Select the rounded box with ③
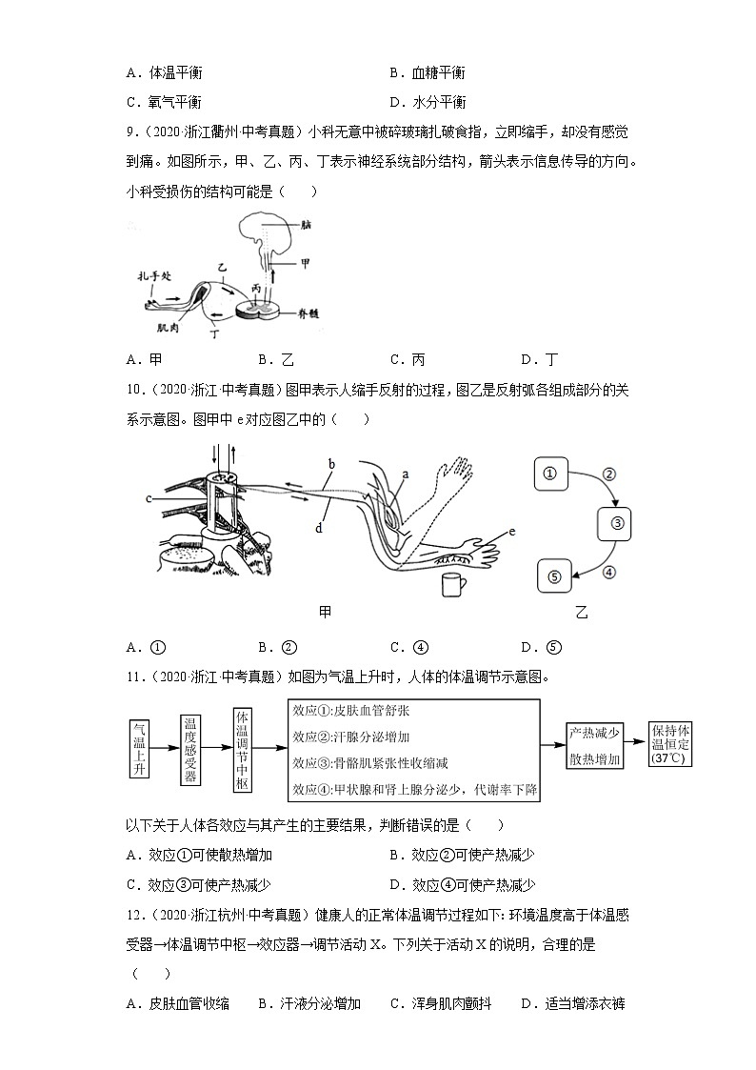pos(616,522)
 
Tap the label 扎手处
pos(152,274)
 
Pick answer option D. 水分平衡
pos(428,102)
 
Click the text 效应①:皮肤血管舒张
pos(351,711)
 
